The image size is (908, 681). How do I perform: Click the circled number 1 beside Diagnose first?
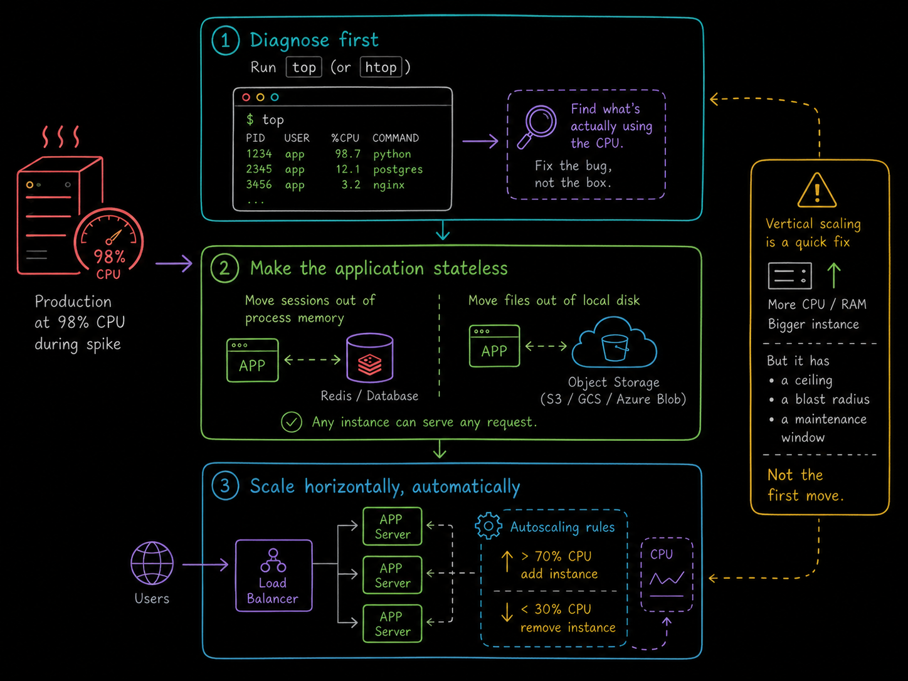click(x=226, y=41)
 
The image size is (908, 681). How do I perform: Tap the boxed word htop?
click(x=381, y=67)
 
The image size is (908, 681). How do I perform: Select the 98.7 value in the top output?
click(x=347, y=154)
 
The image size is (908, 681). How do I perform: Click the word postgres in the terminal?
click(x=398, y=169)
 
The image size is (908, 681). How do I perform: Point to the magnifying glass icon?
click(x=537, y=126)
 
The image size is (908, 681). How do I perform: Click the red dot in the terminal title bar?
click(x=246, y=97)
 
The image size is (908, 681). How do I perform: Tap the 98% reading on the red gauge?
click(x=109, y=256)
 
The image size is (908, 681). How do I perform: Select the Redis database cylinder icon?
click(x=370, y=357)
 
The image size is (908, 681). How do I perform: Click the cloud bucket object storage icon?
click(x=615, y=342)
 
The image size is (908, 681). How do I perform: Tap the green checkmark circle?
click(x=291, y=422)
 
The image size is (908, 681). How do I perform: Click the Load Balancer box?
click(x=274, y=576)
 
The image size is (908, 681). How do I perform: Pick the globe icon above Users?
click(x=152, y=563)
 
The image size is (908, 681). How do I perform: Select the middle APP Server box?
click(x=393, y=575)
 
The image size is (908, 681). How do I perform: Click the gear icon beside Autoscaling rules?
click(x=488, y=526)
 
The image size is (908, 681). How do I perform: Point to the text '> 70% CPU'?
click(x=556, y=557)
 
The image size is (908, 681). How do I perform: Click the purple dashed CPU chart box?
click(x=667, y=575)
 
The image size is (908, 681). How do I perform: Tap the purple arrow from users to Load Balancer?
click(x=205, y=564)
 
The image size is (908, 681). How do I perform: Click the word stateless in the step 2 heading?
click(x=470, y=269)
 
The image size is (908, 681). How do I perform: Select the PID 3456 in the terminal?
click(x=259, y=184)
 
